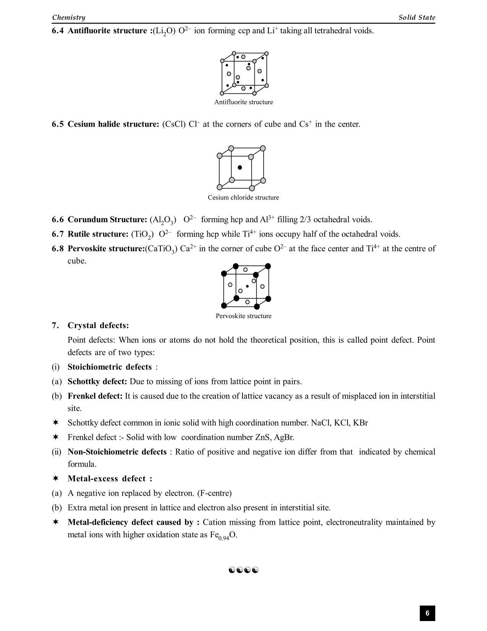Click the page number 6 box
tap(427, 613)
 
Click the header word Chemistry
tap(69, 17)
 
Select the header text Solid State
tap(417, 17)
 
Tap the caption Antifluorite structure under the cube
tap(243, 102)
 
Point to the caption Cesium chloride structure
tap(243, 197)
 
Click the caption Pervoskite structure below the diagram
tap(243, 316)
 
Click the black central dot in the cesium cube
tap(240, 168)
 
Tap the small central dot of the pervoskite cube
tap(247, 286)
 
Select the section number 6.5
tap(58, 124)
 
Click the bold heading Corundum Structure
tap(107, 220)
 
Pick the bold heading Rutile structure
tap(98, 234)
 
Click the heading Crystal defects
tap(98, 325)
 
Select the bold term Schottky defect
tap(97, 382)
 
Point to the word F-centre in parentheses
tap(214, 493)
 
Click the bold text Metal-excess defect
tap(109, 479)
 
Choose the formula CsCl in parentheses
tap(174, 124)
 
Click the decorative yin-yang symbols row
tap(244, 570)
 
